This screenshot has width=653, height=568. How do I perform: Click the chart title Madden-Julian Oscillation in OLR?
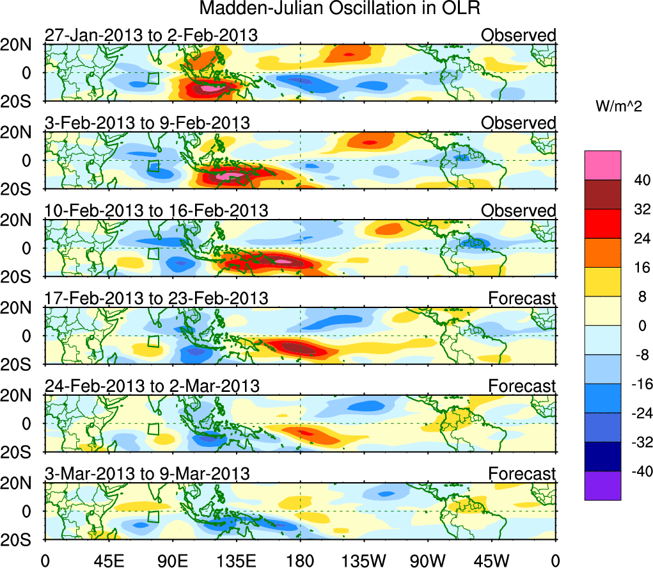point(340,9)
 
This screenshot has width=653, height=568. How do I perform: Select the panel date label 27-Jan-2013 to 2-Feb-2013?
point(151,35)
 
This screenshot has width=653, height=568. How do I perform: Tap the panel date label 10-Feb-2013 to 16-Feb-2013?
point(156,211)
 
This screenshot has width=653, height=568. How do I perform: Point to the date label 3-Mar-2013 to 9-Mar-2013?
point(147,474)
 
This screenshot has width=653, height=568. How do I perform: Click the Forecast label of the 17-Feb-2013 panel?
point(522,298)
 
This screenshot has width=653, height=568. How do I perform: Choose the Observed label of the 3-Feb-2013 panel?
point(518,122)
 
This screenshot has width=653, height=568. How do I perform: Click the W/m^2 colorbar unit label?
point(619,107)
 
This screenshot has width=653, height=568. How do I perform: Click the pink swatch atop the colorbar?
point(602,165)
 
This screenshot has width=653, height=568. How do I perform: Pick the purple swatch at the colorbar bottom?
point(602,485)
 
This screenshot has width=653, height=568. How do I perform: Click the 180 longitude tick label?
point(301,560)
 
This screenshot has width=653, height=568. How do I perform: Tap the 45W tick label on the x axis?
point(492,560)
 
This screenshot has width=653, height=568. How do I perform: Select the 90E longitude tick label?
point(173,560)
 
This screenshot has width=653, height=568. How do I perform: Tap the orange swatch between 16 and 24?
point(602,253)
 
